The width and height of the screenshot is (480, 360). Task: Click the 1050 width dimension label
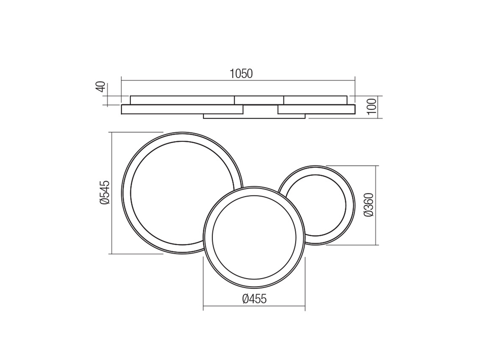point(241,74)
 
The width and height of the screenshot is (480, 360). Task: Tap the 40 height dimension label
point(101,87)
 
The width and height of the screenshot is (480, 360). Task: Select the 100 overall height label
point(371,106)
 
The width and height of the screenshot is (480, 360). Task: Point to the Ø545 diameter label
point(104,192)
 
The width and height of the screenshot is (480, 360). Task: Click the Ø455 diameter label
point(254,298)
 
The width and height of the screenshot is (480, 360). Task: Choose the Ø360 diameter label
point(369,205)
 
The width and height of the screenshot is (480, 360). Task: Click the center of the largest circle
point(182,193)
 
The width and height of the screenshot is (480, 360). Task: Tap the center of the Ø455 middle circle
point(254,237)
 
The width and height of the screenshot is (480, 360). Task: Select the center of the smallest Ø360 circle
point(315,205)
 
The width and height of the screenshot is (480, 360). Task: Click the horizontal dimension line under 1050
point(238,81)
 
